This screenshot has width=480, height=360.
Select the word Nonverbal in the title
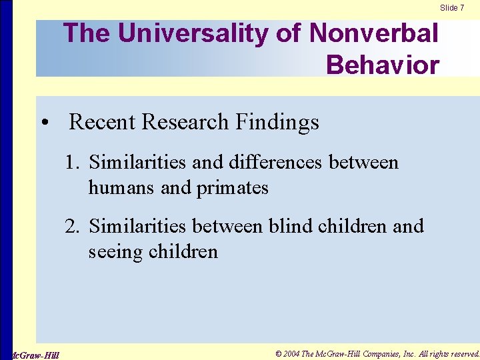tap(375, 33)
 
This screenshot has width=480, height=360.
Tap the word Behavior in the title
tap(383, 65)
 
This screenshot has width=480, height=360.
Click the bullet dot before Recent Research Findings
tap(44, 123)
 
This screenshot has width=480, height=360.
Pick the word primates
tap(232, 189)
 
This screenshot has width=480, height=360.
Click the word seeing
tap(118, 253)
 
